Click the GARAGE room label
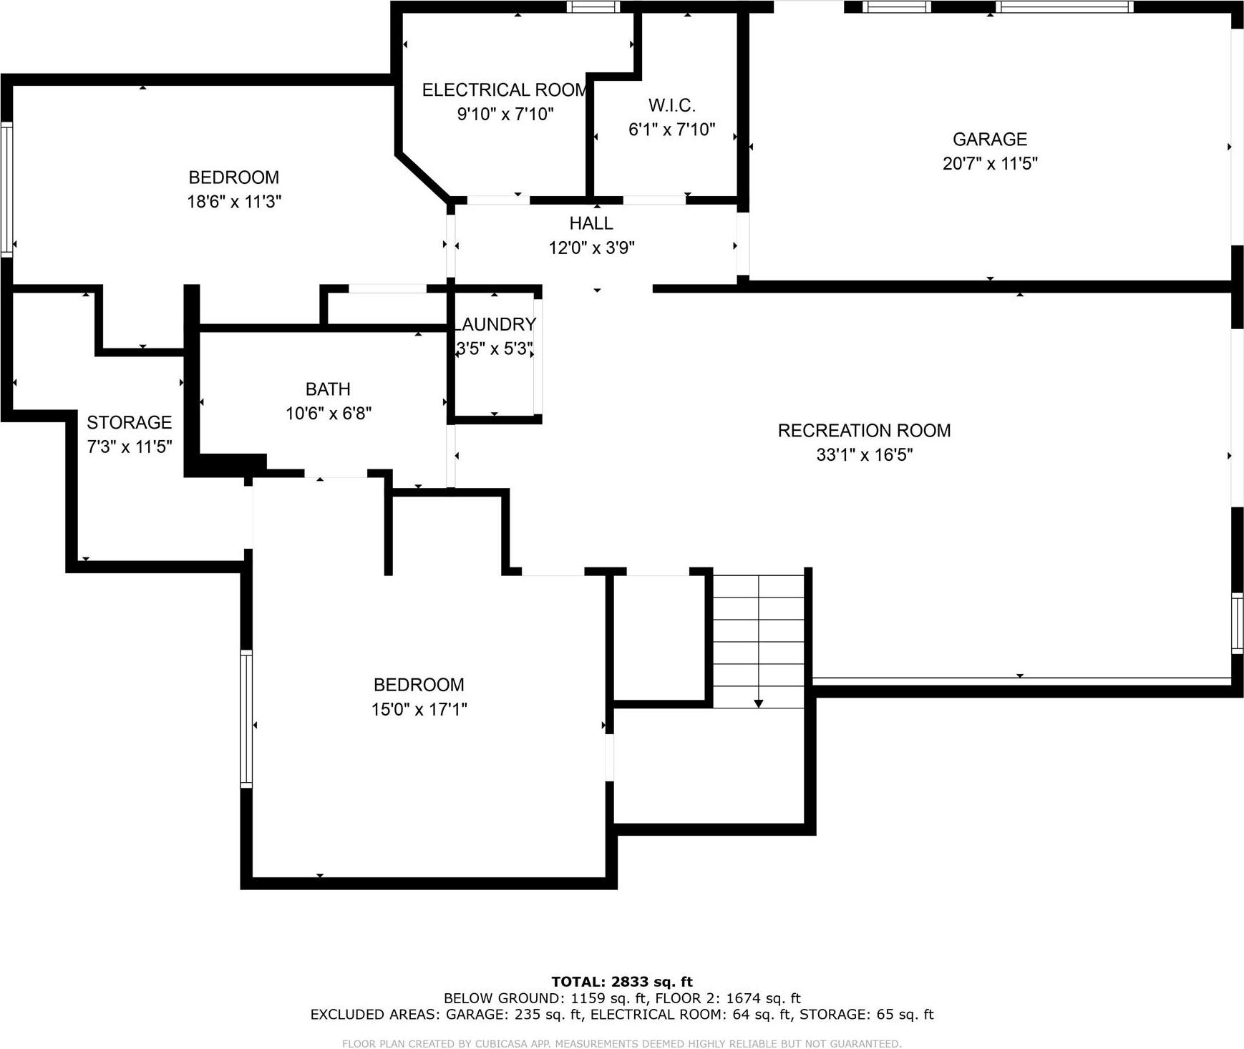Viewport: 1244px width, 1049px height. [x=989, y=140]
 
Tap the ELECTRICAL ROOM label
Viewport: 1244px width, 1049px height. [x=505, y=90]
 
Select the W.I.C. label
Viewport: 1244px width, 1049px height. [x=671, y=106]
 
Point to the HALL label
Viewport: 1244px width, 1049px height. [x=591, y=223]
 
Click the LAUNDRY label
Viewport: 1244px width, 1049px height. [x=495, y=325]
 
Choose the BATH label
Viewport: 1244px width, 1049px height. [x=328, y=389]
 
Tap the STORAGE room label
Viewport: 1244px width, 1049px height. [x=130, y=422]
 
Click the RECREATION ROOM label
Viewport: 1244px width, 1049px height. [x=864, y=431]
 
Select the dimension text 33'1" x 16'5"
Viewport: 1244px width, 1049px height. [x=864, y=455]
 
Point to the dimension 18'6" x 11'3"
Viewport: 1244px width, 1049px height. [x=234, y=202]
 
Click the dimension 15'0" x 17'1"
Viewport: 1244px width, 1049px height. [x=419, y=709]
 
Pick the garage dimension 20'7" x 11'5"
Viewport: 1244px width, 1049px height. [x=989, y=164]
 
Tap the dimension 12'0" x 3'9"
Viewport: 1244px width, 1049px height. [x=591, y=248]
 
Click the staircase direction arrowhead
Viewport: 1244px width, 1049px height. [x=759, y=704]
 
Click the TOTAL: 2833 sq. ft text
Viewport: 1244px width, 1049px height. [x=621, y=982]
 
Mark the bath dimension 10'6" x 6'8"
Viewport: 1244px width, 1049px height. [x=328, y=414]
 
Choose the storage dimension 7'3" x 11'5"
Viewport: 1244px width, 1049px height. [x=130, y=447]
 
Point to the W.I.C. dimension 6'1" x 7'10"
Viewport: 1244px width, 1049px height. [x=671, y=130]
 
